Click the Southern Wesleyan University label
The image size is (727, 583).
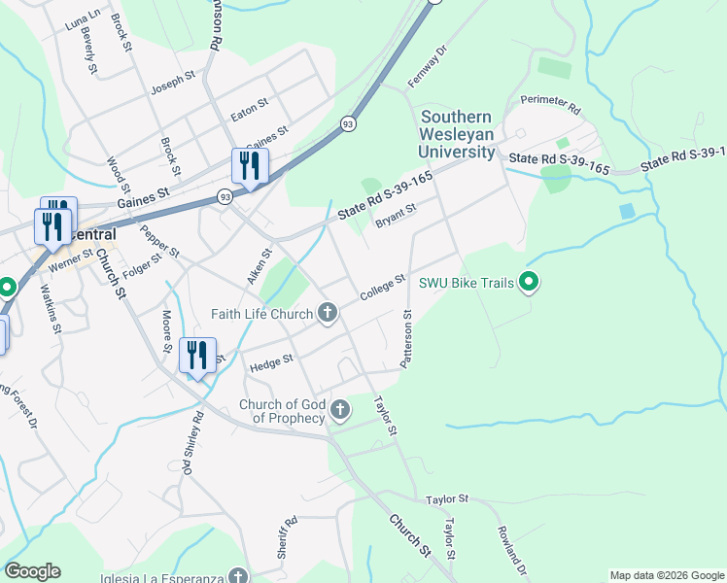(457, 134)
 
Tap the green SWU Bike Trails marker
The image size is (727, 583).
(530, 284)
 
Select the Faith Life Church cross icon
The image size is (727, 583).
(328, 313)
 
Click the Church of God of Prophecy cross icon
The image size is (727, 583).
(340, 410)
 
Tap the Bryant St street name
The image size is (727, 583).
(396, 215)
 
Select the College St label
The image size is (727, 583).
(382, 288)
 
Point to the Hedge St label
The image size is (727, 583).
(271, 362)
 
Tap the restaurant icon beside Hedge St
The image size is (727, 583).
(198, 356)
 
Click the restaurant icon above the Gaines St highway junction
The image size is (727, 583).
(250, 166)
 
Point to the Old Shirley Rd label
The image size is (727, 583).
(192, 444)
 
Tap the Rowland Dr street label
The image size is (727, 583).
(512, 550)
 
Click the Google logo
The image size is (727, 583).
(32, 571)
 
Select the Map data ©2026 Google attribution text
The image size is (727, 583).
(667, 575)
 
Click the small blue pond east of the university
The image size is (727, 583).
(627, 210)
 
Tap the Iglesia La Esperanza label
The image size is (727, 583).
(164, 575)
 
